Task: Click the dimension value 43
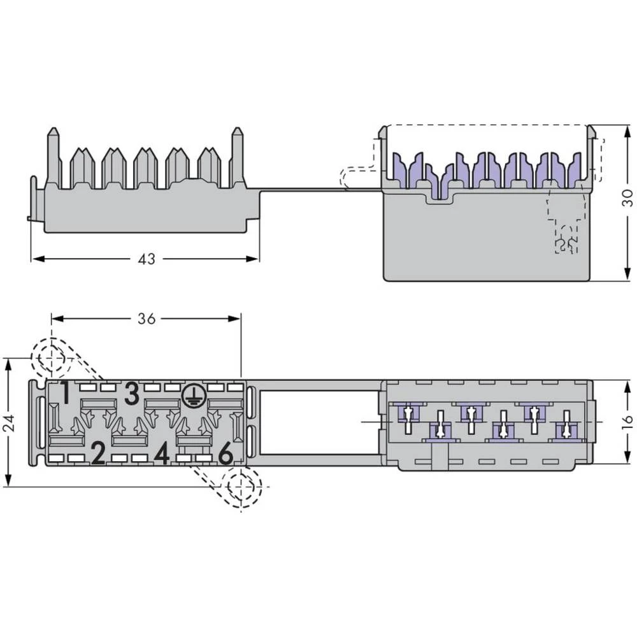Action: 146,259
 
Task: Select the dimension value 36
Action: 146,318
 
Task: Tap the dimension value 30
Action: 627,198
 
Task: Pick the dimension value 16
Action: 627,420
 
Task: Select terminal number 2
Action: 97,454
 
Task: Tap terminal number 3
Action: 131,395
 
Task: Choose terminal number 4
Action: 162,454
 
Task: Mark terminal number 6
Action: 225,454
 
